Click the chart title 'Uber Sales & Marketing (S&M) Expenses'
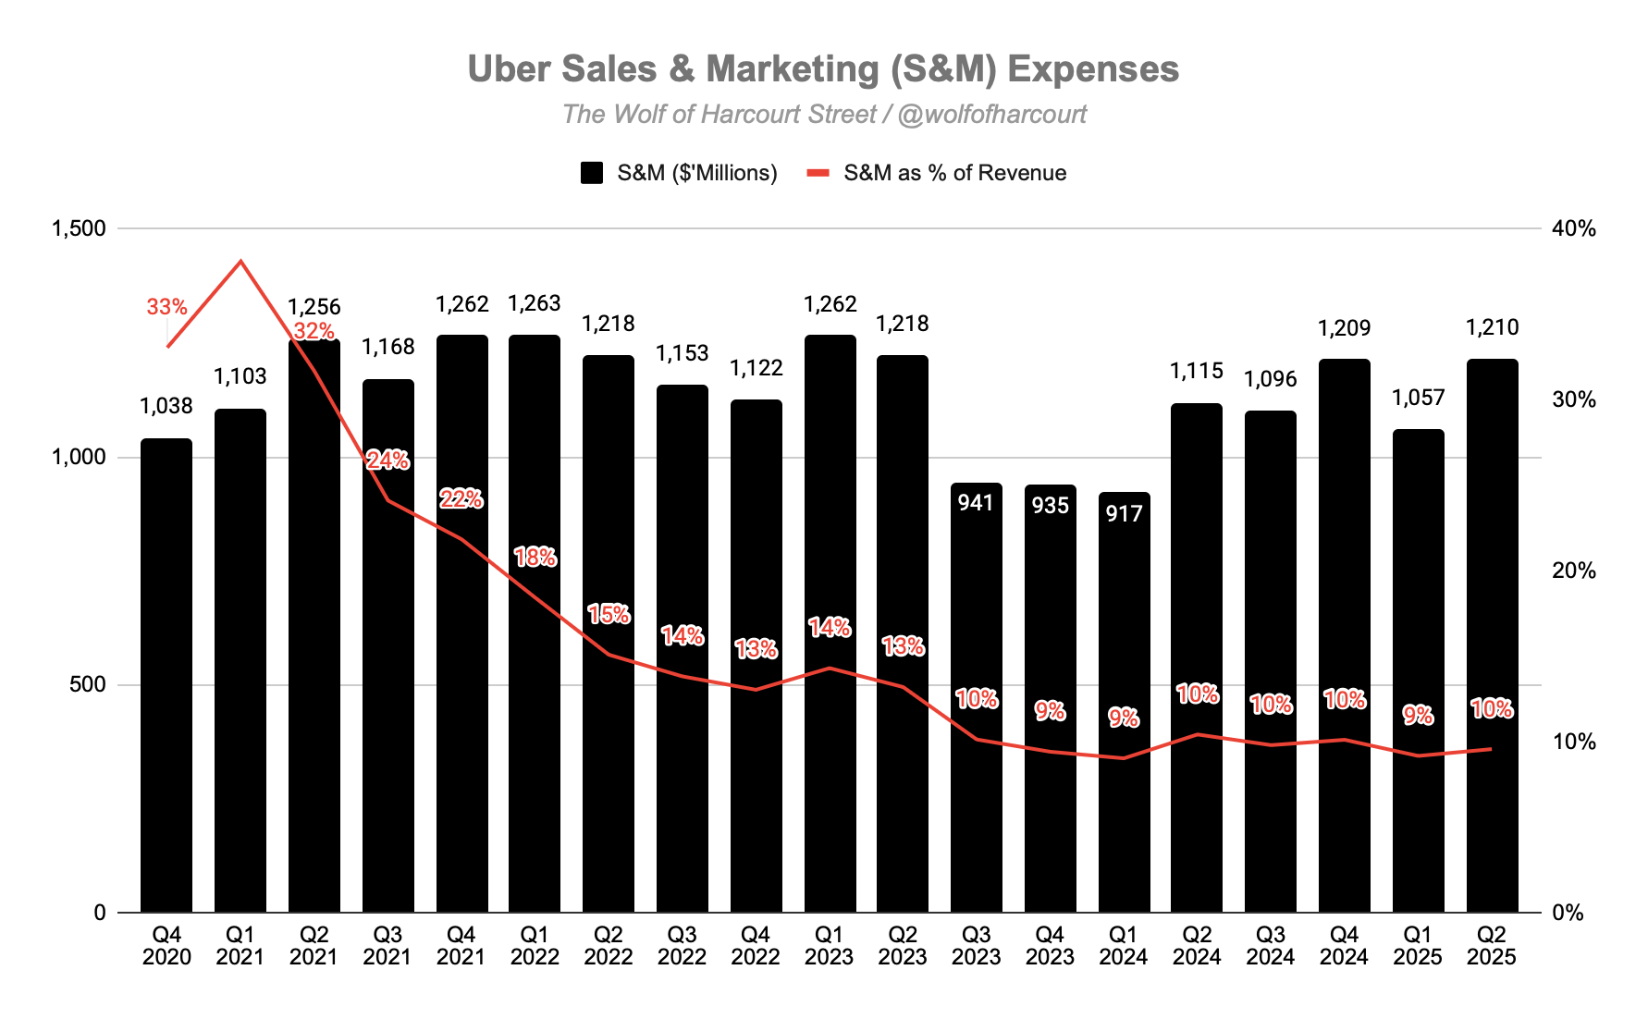[x=823, y=69]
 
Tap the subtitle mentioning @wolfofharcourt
[x=823, y=115]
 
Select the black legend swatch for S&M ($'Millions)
[x=592, y=173]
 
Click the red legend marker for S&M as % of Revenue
[x=818, y=173]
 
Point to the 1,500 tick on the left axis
[x=79, y=228]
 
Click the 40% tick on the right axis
[x=1574, y=228]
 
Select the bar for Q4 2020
[x=166, y=675]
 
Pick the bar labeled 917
[x=1124, y=703]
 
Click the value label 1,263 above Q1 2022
[x=535, y=303]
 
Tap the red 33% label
[x=166, y=307]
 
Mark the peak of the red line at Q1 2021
[x=240, y=261]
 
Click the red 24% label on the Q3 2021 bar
[x=387, y=460]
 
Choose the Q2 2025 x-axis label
[x=1492, y=946]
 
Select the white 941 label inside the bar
[x=976, y=502]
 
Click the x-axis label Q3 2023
[x=976, y=946]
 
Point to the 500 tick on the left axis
[x=88, y=685]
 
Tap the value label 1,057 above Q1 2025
[x=1418, y=398]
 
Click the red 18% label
[x=535, y=557]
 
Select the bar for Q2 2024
[x=1197, y=657]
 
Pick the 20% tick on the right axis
[x=1574, y=571]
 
